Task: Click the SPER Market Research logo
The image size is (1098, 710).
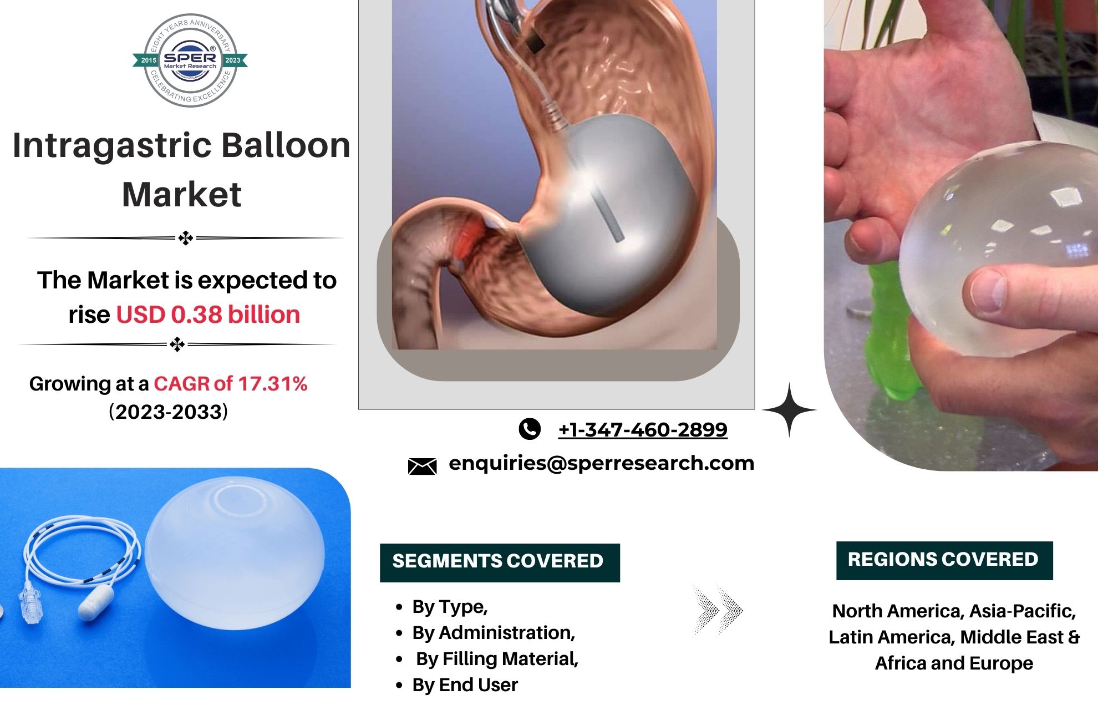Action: [190, 60]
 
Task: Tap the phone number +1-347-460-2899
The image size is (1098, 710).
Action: [643, 429]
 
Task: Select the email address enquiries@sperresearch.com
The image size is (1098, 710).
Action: [602, 463]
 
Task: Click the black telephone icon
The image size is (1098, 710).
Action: [530, 429]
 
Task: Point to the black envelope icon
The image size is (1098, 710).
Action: [422, 466]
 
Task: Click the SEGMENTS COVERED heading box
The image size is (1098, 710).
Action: [500, 562]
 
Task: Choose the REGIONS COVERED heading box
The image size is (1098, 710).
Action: [944, 560]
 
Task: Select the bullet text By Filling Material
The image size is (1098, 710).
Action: [497, 658]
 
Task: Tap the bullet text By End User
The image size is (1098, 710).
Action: [465, 684]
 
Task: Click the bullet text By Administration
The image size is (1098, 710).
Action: [494, 632]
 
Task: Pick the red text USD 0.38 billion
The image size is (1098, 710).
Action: [208, 315]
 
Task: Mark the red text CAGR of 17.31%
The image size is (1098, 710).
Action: [231, 384]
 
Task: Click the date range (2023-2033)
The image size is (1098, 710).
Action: [169, 412]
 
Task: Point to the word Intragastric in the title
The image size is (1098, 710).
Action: [111, 146]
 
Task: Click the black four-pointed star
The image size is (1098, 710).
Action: [790, 410]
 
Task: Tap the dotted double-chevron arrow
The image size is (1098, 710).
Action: [718, 610]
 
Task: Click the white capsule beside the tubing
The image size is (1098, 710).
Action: [96, 603]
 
